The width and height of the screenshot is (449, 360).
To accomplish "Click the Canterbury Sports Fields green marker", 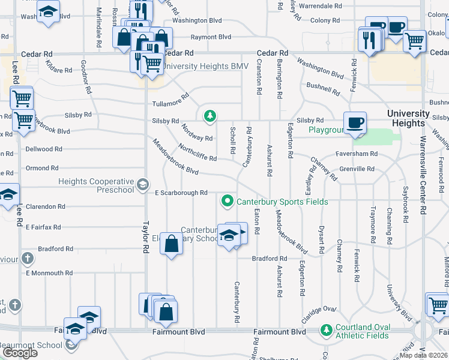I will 228,201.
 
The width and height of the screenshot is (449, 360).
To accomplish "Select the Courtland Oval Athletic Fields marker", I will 326,330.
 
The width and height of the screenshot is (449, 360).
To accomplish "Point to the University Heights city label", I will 408,118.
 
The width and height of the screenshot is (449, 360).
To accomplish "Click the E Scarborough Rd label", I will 181,193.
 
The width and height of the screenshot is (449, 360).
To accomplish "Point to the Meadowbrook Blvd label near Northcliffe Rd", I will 175,157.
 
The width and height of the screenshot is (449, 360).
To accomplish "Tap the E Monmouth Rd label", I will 49,273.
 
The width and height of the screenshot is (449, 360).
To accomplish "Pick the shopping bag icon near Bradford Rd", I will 172,244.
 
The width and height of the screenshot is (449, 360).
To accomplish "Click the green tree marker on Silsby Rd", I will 209,115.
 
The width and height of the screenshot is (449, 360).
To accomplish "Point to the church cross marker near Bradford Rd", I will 26,259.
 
